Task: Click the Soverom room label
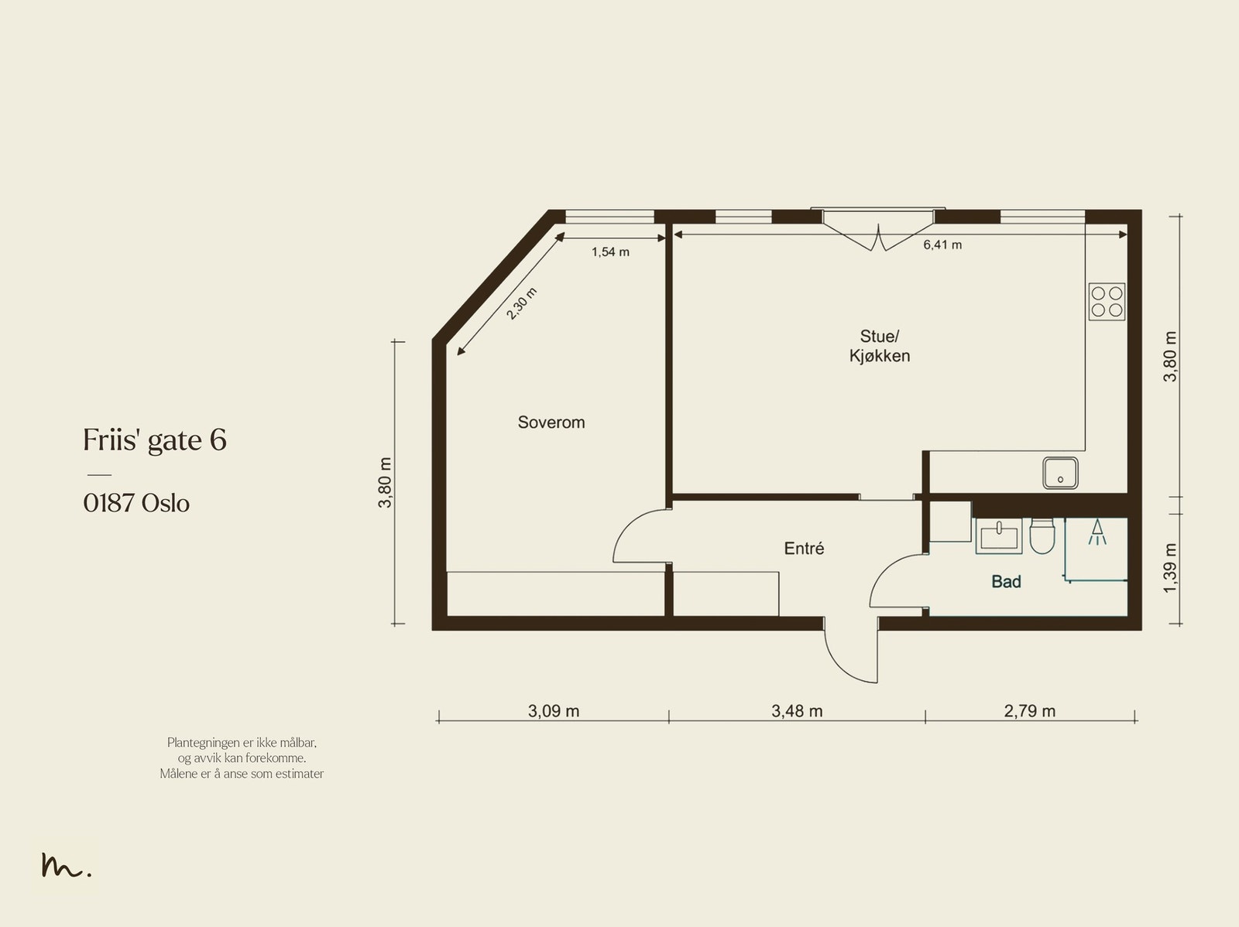pyautogui.click(x=551, y=422)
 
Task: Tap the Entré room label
pyautogui.click(x=804, y=548)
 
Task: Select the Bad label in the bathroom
pyautogui.click(x=1007, y=581)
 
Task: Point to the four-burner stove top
pyautogui.click(x=1107, y=302)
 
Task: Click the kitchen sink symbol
pyautogui.click(x=1060, y=473)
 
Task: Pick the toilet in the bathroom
pyautogui.click(x=1042, y=535)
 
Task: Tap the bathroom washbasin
pyautogui.click(x=998, y=535)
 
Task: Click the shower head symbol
pyautogui.click(x=1097, y=532)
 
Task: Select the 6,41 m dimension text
pyautogui.click(x=942, y=245)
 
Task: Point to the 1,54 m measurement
pyautogui.click(x=610, y=252)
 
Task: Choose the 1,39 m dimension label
pyautogui.click(x=1170, y=568)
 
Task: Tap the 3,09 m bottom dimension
pyautogui.click(x=553, y=711)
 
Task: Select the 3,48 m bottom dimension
pyautogui.click(x=797, y=711)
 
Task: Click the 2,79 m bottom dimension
pyautogui.click(x=1029, y=711)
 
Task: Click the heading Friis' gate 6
pyautogui.click(x=155, y=440)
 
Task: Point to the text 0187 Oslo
pyautogui.click(x=136, y=503)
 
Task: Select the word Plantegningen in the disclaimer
pyautogui.click(x=203, y=743)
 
